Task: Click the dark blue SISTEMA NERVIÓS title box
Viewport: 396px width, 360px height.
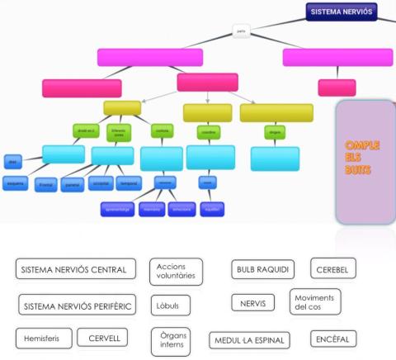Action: point(342,12)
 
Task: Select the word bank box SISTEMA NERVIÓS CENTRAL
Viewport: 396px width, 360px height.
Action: point(73,270)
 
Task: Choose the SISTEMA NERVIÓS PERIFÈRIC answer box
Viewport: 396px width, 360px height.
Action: point(75,305)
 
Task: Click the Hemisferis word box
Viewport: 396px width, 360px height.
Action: point(42,338)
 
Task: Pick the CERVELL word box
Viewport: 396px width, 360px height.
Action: point(104,338)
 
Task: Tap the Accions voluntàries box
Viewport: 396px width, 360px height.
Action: point(176,271)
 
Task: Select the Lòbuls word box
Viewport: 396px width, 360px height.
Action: point(169,305)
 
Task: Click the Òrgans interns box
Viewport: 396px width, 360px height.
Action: point(172,339)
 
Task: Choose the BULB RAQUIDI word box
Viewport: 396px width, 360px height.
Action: point(262,270)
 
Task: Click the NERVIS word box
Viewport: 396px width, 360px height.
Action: point(252,303)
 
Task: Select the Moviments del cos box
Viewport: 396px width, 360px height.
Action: point(314,301)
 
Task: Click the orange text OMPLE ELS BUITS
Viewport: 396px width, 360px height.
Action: point(362,158)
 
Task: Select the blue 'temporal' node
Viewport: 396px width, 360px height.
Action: point(128,183)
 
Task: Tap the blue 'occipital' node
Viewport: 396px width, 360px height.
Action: point(99,183)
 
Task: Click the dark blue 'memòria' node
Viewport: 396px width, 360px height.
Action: point(151,210)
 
